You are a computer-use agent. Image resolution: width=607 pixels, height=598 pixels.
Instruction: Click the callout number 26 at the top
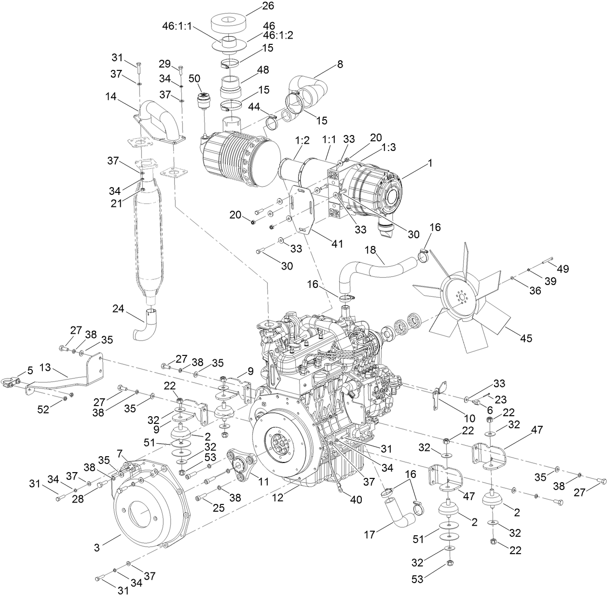pyautogui.click(x=268, y=6)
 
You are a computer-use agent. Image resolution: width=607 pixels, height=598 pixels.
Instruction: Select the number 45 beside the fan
pyautogui.click(x=526, y=339)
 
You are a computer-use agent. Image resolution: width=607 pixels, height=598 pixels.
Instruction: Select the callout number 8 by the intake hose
pyautogui.click(x=340, y=64)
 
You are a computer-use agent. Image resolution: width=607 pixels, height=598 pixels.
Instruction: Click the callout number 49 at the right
pyautogui.click(x=563, y=268)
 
